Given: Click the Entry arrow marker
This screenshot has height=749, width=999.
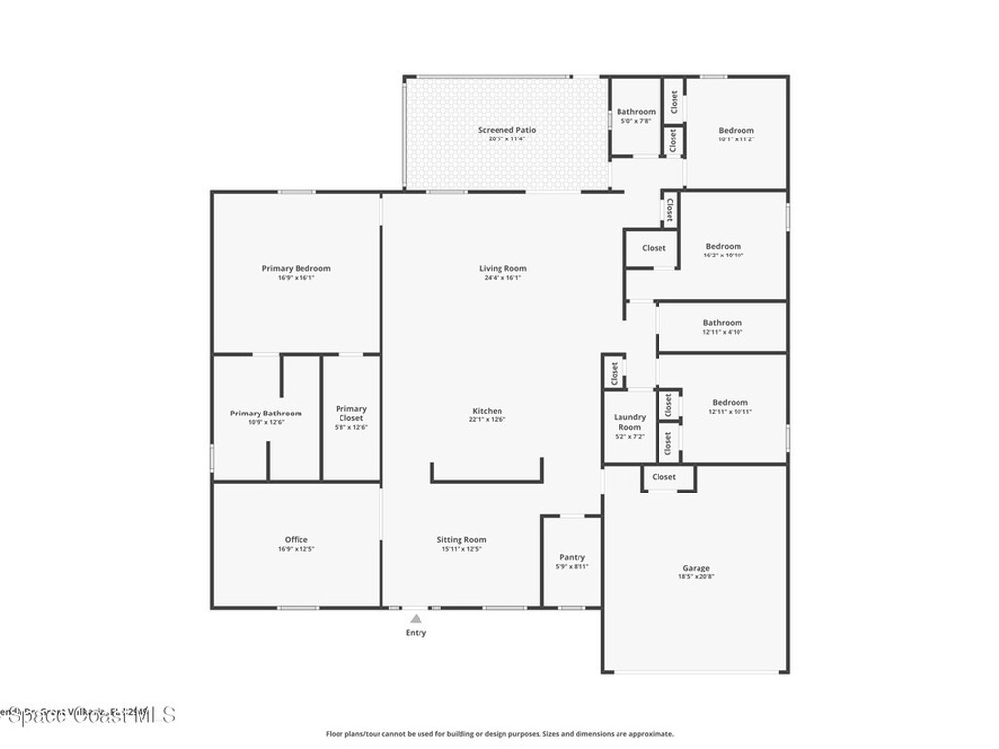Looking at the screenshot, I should tap(417, 618).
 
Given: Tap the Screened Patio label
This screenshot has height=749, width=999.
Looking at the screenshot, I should tap(506, 130).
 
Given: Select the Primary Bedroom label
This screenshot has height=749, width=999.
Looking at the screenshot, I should tap(296, 268).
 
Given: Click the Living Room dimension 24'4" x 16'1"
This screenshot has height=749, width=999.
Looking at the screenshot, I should tap(502, 278).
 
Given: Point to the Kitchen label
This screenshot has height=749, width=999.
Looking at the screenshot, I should tap(488, 411).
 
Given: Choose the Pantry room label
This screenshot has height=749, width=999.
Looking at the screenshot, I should tap(572, 557).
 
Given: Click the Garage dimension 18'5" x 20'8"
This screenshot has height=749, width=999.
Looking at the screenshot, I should tap(696, 577).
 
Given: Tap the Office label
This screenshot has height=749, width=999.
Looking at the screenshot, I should tap(296, 539).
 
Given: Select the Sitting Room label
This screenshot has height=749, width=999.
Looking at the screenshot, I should tap(462, 539).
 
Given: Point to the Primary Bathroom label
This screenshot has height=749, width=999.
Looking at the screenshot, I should tap(265, 413).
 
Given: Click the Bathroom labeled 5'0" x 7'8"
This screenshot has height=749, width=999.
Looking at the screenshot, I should tap(635, 111).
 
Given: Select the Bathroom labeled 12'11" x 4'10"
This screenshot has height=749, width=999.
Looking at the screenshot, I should tap(722, 322).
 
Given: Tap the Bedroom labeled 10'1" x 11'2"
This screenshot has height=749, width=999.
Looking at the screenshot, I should tap(736, 130).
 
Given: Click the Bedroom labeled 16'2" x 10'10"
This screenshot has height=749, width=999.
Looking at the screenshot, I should tap(723, 246).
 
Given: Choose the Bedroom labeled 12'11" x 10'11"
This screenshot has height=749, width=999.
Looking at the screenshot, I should tap(730, 402).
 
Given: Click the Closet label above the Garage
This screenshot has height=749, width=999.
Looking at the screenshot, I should tap(663, 477).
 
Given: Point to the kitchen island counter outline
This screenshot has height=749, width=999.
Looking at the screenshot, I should tap(487, 479).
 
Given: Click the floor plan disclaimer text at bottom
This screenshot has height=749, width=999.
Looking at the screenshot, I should tap(499, 734).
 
